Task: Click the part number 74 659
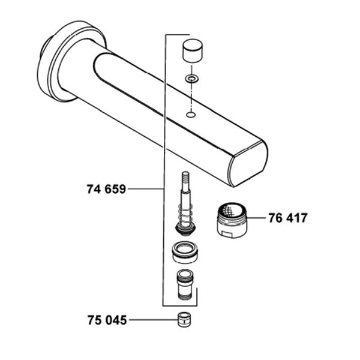106,189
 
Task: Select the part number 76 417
288,218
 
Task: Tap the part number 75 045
107,320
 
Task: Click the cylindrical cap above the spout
193,50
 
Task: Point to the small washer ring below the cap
192,79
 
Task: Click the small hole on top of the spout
191,114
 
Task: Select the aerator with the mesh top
232,220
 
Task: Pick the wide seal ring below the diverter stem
185,252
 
